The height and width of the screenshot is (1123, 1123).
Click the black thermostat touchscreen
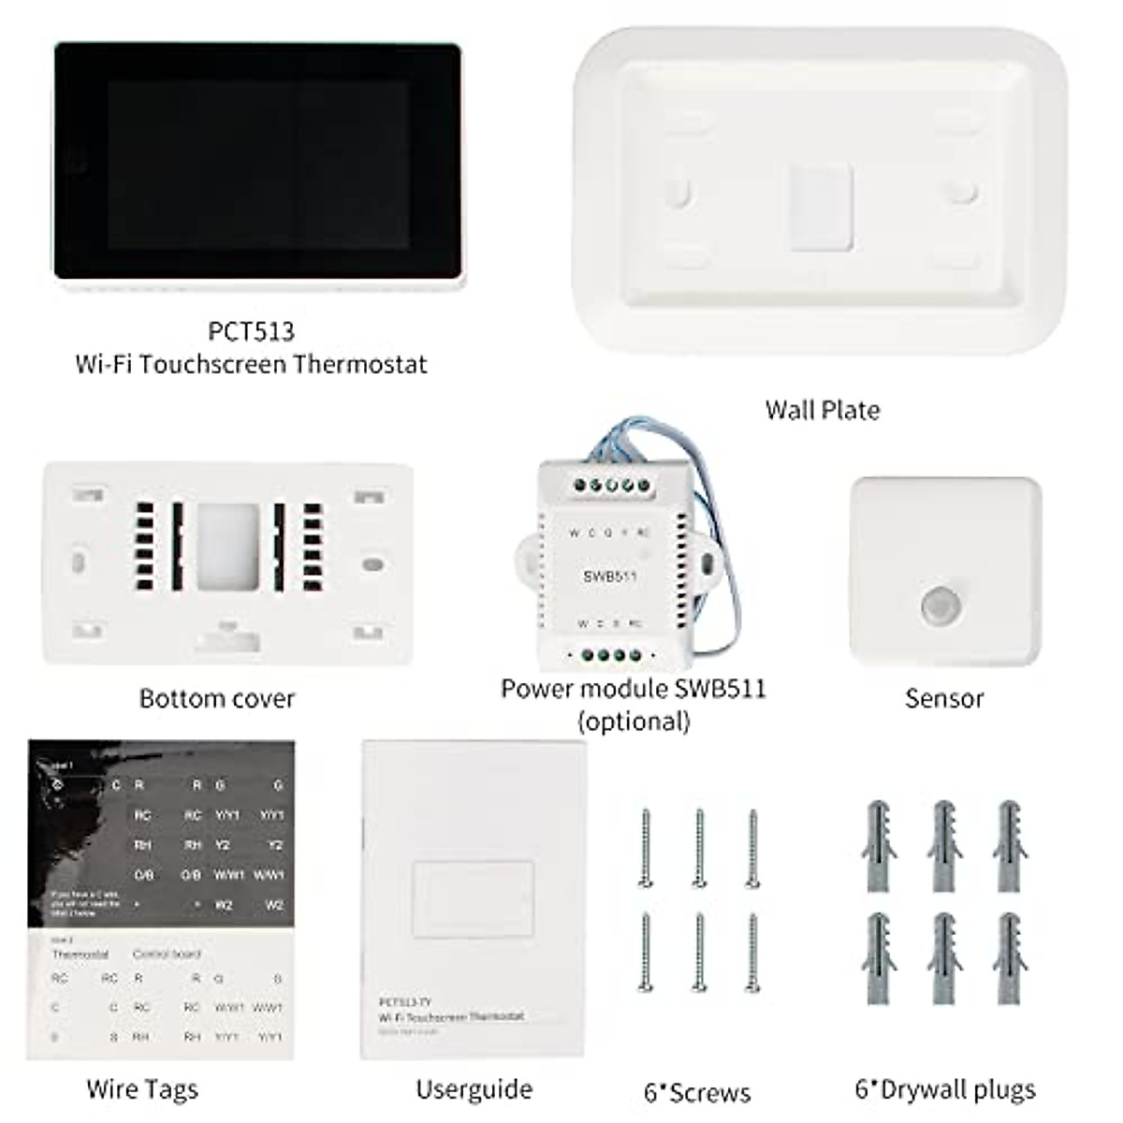(x=257, y=161)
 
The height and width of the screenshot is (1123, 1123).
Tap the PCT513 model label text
(x=251, y=331)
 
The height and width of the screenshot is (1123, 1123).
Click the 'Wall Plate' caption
(x=822, y=410)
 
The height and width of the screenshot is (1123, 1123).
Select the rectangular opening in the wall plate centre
(x=821, y=207)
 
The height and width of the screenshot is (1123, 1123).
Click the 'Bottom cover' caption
(x=217, y=699)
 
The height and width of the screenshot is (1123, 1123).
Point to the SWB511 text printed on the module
(x=610, y=576)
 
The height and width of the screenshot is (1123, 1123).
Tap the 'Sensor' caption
(x=944, y=699)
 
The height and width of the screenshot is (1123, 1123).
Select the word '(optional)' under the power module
(x=634, y=722)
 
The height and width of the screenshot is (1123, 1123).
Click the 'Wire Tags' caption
(x=142, y=1089)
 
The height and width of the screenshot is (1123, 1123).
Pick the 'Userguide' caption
(x=474, y=1089)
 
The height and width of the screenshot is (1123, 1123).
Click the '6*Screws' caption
(x=697, y=1092)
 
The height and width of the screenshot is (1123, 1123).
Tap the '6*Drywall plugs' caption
(x=945, y=1089)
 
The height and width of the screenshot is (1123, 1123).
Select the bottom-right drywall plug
(x=1009, y=956)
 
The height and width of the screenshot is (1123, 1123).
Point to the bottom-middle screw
(x=699, y=952)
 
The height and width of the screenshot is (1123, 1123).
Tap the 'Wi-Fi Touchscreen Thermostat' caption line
(x=251, y=364)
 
